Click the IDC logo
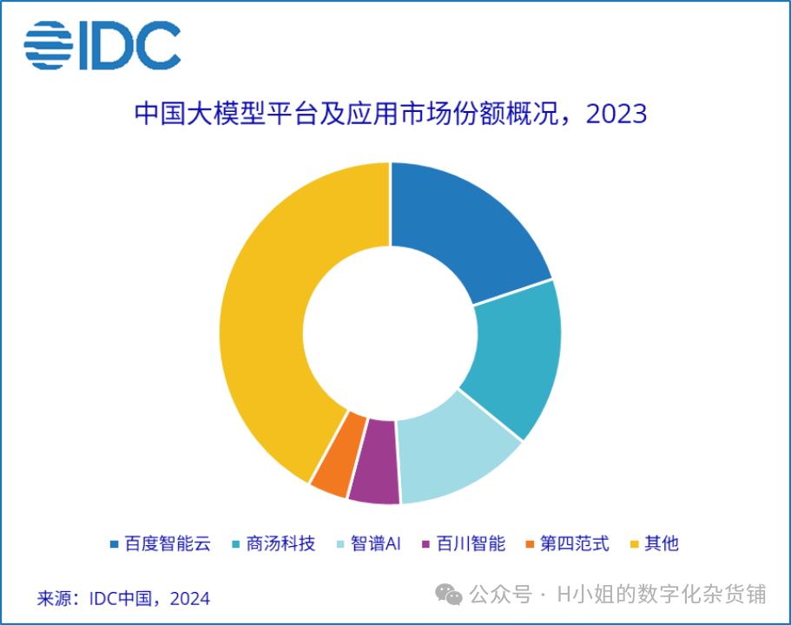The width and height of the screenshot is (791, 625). [x=102, y=46]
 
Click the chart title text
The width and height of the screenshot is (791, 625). [x=391, y=115]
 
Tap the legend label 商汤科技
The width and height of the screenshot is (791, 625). [x=280, y=544]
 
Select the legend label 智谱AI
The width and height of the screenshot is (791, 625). [x=375, y=544]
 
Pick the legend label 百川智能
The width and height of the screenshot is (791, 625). [x=470, y=544]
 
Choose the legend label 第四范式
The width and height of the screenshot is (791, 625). [x=574, y=544]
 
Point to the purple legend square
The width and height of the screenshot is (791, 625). [x=425, y=545]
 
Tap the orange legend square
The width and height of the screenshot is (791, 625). [x=530, y=545]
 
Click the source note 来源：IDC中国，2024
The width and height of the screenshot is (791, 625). [x=123, y=598]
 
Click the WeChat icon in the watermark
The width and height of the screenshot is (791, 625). [x=449, y=595]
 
